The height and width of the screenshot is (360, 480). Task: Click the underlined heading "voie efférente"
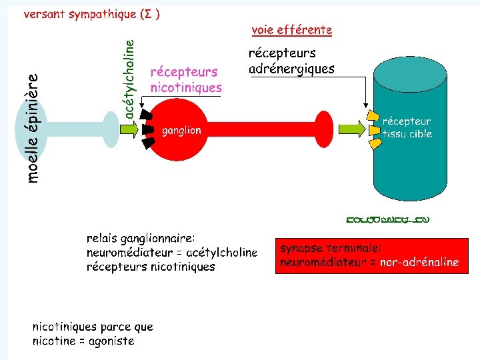point(291,30)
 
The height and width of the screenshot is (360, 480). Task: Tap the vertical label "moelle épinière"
point(33,127)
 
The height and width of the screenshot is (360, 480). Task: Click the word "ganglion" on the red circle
point(181,131)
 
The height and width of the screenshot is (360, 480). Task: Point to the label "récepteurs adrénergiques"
point(291,61)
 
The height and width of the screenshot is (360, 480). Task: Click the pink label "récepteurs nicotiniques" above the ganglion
point(186,79)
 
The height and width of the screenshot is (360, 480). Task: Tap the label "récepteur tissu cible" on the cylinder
point(407,127)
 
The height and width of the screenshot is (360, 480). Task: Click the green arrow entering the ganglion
point(127,129)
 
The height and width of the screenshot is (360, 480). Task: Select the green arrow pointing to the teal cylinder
point(351,129)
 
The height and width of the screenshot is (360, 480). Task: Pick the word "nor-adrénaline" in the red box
point(419,262)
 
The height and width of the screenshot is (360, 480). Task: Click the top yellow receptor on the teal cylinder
point(375,117)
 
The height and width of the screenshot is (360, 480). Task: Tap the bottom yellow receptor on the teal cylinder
point(376,143)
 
